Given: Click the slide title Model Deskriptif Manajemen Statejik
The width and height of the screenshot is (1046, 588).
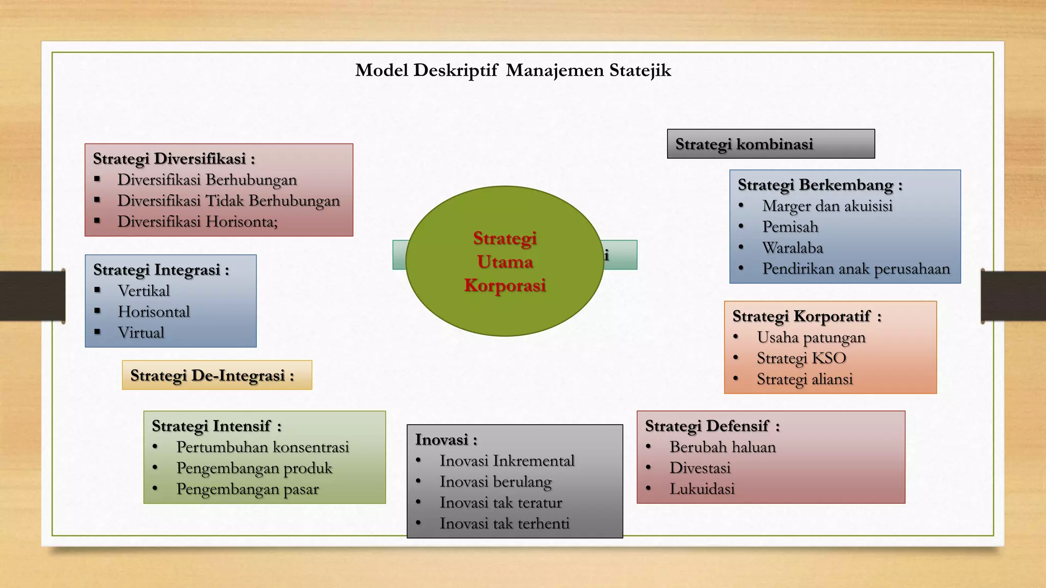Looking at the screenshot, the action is point(513,70).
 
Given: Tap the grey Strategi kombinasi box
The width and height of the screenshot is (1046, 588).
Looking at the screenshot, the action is point(770,144).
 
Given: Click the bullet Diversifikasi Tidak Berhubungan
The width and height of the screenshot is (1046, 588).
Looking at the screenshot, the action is point(228,201).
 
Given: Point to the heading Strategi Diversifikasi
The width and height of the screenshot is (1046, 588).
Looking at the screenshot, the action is point(174,159).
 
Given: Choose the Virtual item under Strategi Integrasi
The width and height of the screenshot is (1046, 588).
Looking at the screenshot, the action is point(141,333).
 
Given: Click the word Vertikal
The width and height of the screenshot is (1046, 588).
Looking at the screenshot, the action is point(144,291).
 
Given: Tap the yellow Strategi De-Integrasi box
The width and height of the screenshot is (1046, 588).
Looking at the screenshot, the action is point(217,376).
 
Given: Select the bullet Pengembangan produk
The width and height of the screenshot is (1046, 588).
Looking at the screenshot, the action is point(254,468).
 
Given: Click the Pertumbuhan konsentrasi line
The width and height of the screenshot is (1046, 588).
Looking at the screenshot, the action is point(263,447).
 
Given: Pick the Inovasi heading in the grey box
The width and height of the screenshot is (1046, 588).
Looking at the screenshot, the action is point(446,439).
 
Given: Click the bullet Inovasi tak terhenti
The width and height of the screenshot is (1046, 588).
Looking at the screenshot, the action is point(504,524).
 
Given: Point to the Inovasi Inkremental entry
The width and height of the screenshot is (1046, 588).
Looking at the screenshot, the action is point(507,461).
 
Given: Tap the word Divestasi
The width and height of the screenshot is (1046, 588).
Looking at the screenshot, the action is point(700,468).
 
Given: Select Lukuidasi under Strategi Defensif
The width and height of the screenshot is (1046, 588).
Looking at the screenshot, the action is point(702,489).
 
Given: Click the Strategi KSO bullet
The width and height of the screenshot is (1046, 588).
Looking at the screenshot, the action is point(801,358).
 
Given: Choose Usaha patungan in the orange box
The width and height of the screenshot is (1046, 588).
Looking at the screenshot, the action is point(811,337).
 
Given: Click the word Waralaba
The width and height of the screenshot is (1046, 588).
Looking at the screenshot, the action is point(792,248).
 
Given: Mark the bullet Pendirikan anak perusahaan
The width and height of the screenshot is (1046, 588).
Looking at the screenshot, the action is point(856,269).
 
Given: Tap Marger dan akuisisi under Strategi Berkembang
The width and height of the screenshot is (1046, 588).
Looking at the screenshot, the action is point(827,206).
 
